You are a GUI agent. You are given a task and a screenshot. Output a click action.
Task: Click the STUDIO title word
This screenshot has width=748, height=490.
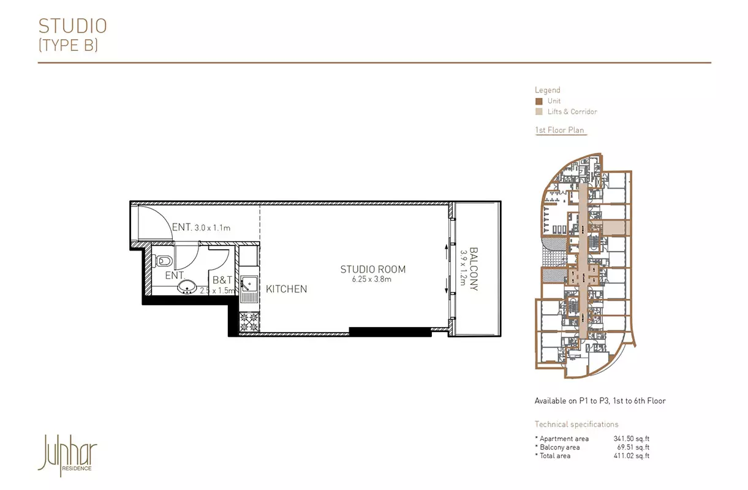pos(73,26)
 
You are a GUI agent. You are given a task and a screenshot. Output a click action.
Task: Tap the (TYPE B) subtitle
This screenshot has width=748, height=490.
pos(69,45)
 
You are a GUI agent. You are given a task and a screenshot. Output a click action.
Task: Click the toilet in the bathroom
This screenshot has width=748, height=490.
pos(162,261)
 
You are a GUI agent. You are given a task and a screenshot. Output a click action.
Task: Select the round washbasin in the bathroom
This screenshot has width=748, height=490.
pos(187,287)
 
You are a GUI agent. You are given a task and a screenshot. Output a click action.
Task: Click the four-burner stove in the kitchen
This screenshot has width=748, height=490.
pos(249,322)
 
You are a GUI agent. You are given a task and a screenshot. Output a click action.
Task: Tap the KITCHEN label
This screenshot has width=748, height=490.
pos(286,289)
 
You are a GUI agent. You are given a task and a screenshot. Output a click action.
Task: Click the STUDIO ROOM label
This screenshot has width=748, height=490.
pos(372,269)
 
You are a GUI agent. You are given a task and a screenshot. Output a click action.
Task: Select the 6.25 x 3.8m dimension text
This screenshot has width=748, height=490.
pos(371,279)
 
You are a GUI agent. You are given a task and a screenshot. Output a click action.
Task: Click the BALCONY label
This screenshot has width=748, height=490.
pos(474,269)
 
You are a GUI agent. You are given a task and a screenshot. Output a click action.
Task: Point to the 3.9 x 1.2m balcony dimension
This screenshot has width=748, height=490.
pos(463,268)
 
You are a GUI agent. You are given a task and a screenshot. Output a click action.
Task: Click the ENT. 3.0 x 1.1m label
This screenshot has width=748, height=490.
pos(201,227)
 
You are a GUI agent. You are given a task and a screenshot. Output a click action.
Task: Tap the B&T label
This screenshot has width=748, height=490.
pos(222,280)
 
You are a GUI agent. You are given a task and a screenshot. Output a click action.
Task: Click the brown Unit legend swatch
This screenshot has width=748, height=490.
pos(538,101)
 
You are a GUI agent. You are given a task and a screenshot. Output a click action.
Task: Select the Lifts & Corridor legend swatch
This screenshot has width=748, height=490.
pos(538,112)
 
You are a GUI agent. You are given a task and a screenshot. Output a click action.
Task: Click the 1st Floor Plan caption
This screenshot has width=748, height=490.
pos(560,130)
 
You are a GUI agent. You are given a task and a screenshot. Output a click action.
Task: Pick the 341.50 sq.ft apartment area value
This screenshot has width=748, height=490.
pos(631,439)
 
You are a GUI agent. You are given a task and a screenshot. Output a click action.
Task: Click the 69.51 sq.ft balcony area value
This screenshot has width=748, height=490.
pos(633,447)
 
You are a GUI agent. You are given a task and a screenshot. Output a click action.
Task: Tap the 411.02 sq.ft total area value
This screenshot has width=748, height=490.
pos(631,456)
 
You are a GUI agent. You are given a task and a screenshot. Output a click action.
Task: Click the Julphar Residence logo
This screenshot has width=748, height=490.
pos(67,455)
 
